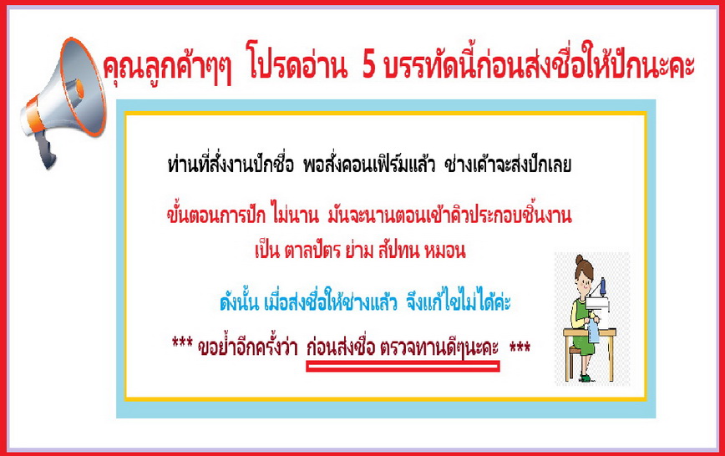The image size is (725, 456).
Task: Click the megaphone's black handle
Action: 46,150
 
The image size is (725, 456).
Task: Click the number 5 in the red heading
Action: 369,65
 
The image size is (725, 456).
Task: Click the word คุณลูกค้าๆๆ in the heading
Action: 167,67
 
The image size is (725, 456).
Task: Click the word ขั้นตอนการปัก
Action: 216,215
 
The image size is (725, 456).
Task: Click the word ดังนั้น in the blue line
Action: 239,302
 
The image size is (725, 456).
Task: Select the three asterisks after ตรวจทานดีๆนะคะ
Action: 520,346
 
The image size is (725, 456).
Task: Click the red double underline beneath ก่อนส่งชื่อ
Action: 403,367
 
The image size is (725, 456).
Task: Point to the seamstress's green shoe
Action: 586,378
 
